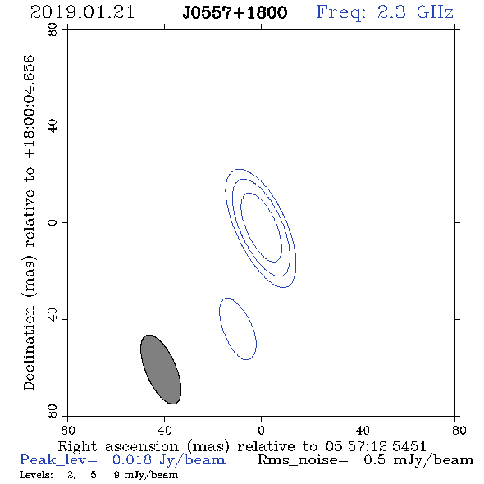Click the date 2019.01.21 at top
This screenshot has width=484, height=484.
tap(82, 12)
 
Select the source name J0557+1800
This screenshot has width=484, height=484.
tap(235, 13)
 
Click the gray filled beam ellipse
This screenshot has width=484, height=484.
tap(161, 369)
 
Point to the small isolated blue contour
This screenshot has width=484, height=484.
tap(238, 329)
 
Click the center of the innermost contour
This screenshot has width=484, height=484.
tap(261, 227)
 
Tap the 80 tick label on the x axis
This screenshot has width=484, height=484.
tap(67, 431)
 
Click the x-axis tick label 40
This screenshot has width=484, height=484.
tap(164, 431)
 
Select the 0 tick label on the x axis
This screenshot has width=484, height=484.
tap(261, 431)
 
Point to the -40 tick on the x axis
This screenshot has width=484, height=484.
tap(358, 431)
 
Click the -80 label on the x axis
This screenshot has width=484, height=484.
tap(454, 431)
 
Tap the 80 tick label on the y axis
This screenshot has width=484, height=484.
tap(53, 30)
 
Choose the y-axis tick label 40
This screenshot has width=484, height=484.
tap(53, 126)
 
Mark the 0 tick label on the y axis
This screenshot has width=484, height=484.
tap(53, 222)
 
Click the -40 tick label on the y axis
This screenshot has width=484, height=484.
tap(53, 319)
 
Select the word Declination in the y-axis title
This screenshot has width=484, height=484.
tap(29, 348)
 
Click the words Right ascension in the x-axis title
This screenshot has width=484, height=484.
tap(118, 446)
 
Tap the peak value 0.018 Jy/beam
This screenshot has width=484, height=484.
tap(169, 460)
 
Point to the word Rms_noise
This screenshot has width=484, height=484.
tap(303, 460)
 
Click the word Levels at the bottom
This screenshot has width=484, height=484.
tap(36, 475)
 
